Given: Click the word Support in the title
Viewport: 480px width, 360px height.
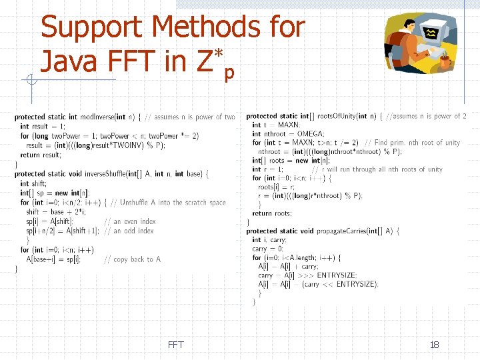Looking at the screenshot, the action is coord(92,28).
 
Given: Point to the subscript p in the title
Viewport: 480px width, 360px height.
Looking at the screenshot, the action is coord(229,72).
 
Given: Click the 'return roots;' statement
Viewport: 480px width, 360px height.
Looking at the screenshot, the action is coord(271,213).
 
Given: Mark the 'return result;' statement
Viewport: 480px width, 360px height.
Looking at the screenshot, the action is coord(39,155).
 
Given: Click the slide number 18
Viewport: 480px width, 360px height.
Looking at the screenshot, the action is coord(434,345).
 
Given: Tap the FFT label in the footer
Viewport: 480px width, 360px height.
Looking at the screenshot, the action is coord(175,345).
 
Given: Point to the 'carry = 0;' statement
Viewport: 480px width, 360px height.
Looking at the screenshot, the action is coord(267,248).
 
